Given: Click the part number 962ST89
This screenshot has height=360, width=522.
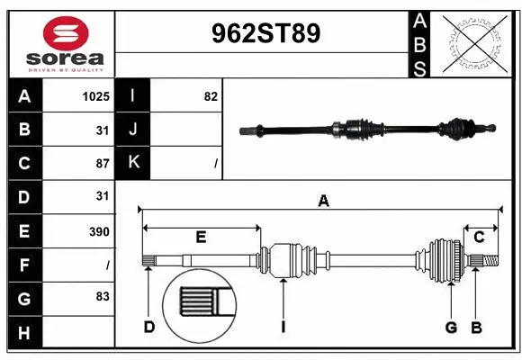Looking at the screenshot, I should (x=264, y=34).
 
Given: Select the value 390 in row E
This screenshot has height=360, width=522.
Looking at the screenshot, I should (x=99, y=231).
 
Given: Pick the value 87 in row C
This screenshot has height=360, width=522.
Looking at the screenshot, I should (x=102, y=164).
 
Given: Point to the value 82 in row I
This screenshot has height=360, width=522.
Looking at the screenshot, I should (x=211, y=96).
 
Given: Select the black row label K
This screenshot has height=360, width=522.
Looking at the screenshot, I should (x=133, y=163).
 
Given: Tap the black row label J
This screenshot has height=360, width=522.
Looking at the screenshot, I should (x=133, y=130).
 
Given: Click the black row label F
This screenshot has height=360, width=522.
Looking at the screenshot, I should (x=24, y=265).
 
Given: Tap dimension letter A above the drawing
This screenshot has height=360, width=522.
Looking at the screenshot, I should (x=323, y=202).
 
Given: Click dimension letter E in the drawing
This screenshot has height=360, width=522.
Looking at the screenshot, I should (x=201, y=237).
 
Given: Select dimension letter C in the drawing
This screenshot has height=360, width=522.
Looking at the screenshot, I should (x=480, y=237).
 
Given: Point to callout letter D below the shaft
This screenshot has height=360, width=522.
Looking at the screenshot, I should (x=149, y=327).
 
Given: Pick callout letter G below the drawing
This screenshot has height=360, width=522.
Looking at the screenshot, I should (x=451, y=327).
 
